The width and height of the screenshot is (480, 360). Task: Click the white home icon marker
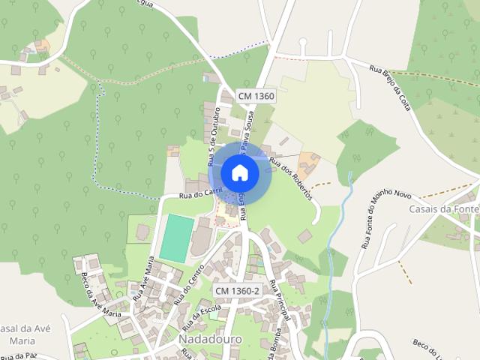239,172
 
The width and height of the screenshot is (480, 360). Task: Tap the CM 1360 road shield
256,96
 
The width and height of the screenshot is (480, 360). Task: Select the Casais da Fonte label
442,209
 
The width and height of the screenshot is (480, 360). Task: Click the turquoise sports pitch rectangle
175,238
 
